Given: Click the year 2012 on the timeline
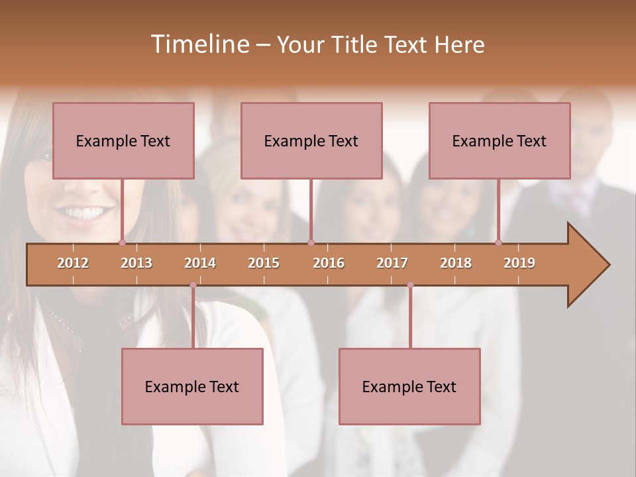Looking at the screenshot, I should tap(73, 263).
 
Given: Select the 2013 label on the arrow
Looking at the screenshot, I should tap(136, 263).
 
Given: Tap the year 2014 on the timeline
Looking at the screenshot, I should tap(200, 263).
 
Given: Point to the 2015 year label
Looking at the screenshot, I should tap(264, 263).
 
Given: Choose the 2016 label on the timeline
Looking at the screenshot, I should tap(329, 263).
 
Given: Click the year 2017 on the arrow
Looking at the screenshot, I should tap(392, 263).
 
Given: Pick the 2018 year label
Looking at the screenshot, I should tap(456, 263).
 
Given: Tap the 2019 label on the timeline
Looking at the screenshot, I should tap(519, 263).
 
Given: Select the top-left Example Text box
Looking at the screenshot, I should tap(123, 140).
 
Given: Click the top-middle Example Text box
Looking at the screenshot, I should tap(311, 140).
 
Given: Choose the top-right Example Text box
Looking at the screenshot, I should tap(500, 140).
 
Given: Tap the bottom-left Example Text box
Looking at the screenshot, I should tap(192, 386).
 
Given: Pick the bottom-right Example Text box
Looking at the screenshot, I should tap(409, 386).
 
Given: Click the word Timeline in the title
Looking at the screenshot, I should tap(199, 44).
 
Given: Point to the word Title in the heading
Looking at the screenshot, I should tap(357, 44).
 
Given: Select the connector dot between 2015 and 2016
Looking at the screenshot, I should tap(311, 242).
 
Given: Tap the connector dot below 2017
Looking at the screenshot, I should tap(410, 285).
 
